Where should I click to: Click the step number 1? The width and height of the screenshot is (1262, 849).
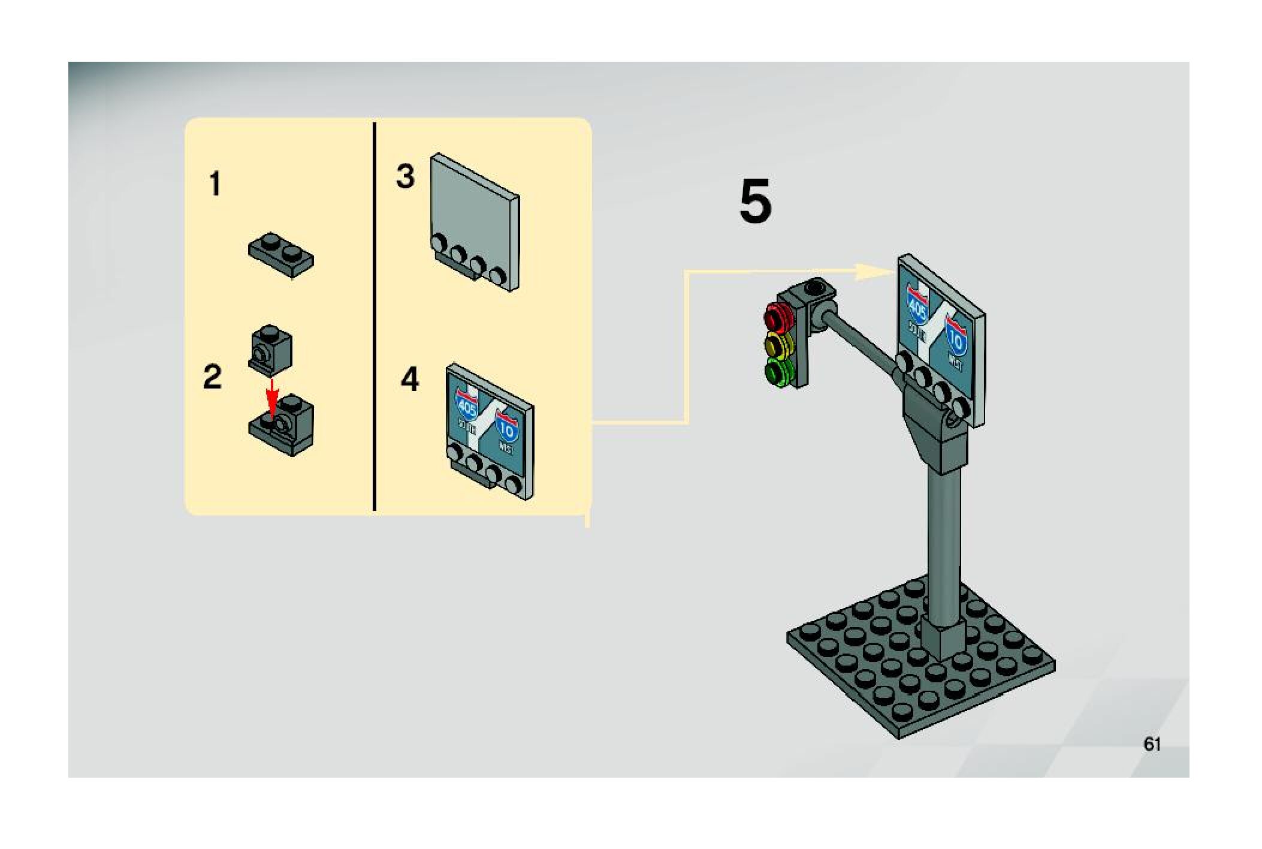tap(215, 184)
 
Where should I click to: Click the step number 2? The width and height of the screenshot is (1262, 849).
tap(212, 377)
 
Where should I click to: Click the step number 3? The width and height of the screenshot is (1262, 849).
tap(406, 177)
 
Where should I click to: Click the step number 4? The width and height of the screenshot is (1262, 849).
tap(410, 380)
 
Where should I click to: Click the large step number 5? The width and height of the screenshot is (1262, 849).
tap(755, 202)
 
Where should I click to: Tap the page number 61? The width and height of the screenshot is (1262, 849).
tap(1152, 744)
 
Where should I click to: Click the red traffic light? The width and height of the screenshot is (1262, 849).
tap(777, 315)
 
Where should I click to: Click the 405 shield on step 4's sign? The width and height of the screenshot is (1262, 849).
tap(467, 407)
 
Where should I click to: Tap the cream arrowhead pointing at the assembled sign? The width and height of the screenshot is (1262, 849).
tap(872, 272)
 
